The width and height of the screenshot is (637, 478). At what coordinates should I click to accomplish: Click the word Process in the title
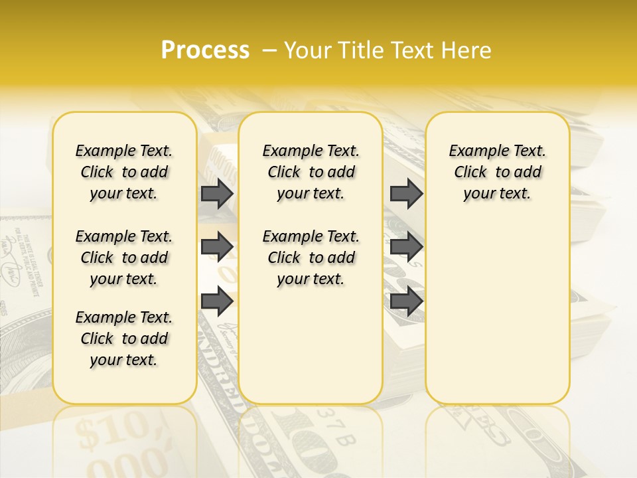205,50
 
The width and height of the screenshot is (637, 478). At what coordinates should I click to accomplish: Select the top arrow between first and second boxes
217,194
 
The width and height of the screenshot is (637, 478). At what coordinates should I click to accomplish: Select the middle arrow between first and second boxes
217,247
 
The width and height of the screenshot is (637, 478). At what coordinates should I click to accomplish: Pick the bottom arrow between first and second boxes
217,301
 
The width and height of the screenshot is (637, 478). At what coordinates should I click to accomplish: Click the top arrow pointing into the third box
406,194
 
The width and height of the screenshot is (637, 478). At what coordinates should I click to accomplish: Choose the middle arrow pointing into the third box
406,247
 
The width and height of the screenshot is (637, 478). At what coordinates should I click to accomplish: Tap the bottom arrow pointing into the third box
406,301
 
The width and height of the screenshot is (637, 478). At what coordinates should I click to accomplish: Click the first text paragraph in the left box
124,172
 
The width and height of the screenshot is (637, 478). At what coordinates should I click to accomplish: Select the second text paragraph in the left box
124,258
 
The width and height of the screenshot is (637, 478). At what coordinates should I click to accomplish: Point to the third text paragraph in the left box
124,339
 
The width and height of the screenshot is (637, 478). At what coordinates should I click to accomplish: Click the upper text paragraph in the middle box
311,172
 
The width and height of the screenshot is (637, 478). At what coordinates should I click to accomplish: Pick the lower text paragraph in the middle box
311,258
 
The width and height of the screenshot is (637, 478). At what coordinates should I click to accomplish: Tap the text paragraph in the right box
498,172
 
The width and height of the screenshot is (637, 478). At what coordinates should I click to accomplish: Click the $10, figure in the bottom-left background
110,432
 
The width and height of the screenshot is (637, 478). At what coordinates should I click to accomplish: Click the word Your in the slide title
309,50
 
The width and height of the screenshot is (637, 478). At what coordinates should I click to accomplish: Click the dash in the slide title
269,50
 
